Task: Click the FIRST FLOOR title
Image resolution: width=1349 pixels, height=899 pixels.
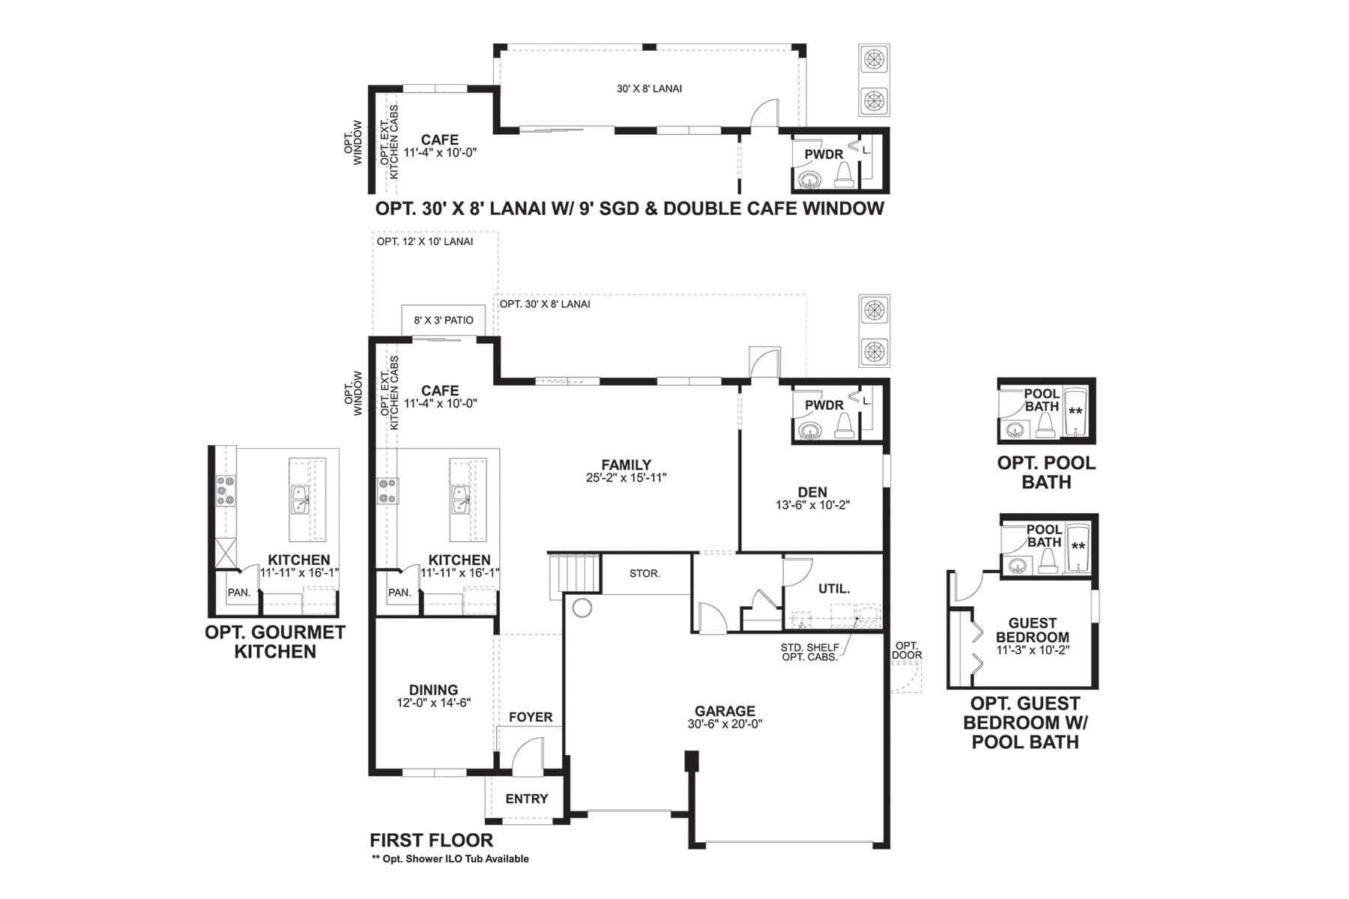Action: (x=432, y=840)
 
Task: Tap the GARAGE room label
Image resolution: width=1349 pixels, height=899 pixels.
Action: (x=725, y=711)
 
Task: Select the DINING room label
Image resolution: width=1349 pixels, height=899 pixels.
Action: (x=433, y=690)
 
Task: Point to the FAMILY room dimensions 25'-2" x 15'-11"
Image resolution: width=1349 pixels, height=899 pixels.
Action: (x=627, y=477)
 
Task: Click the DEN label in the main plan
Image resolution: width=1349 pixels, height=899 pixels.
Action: (x=812, y=492)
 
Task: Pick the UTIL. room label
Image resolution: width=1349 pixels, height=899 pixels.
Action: (x=834, y=589)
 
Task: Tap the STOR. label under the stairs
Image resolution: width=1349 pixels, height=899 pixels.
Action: (x=645, y=574)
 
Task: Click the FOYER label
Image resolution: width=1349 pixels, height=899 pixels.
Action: (x=531, y=717)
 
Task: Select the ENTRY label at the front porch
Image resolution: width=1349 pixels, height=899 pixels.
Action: (x=527, y=799)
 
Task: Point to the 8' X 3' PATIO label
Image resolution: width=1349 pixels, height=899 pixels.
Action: (x=444, y=320)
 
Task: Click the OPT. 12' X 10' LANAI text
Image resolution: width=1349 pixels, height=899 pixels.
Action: (x=425, y=241)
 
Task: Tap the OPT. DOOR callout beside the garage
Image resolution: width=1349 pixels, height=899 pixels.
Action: (x=907, y=650)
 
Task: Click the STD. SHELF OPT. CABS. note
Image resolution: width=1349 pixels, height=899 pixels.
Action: (x=810, y=652)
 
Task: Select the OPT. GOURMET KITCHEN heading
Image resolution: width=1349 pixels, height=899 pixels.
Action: (x=275, y=642)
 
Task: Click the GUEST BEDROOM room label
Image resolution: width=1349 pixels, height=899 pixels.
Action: (x=1033, y=630)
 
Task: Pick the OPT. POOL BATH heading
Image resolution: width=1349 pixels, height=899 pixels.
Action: (x=1046, y=473)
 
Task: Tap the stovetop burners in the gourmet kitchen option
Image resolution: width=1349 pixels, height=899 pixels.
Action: (x=226, y=491)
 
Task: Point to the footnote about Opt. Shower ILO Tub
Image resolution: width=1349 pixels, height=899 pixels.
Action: (x=450, y=859)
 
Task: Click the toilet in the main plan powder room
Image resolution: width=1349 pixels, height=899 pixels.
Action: (x=843, y=425)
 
